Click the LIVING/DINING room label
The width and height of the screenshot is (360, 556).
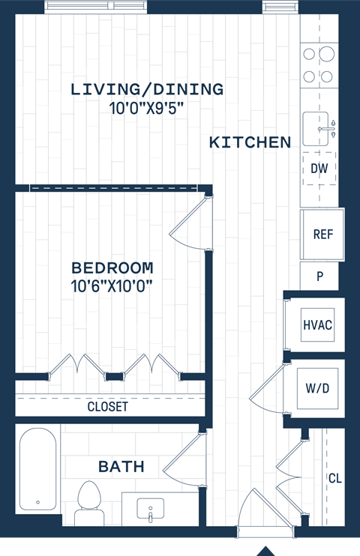pos(147,89)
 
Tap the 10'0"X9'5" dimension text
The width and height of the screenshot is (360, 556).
pos(147,108)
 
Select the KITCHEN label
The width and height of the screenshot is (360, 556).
pos(250,142)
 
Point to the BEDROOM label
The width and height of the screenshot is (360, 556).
pos(112,268)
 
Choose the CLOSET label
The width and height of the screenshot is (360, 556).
pos(107,408)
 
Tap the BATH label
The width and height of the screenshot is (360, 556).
pos(121,467)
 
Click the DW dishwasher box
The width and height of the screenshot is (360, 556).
pos(319,169)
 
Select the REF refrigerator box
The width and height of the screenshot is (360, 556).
pos(322,235)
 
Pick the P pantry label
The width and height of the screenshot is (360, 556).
pos(319,277)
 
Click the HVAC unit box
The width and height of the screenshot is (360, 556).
pos(317,325)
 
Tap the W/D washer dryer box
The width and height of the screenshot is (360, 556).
pos(318,388)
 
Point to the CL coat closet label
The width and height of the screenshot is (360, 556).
pos(334,478)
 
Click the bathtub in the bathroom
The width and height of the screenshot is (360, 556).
pos(37,470)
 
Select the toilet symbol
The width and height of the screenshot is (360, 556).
pos(90,503)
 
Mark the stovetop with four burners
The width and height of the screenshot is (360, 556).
pos(318,64)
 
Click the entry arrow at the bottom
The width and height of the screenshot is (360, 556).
pos(265,551)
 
